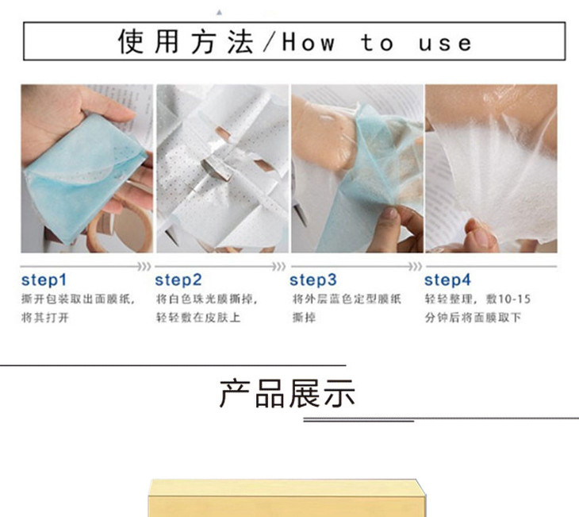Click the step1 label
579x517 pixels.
tap(44, 280)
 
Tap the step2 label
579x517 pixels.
tap(178, 280)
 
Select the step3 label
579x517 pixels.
tap(313, 280)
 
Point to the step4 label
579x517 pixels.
tap(447, 280)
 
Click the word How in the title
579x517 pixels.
tap(309, 42)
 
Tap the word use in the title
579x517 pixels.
tap(445, 44)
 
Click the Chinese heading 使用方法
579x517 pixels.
tap(186, 41)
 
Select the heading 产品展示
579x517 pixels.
tap(287, 393)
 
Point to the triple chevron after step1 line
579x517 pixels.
tap(144, 266)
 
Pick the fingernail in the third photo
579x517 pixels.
tap(390, 213)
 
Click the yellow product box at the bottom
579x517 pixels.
tap(287, 498)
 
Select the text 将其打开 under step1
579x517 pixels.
tap(45, 318)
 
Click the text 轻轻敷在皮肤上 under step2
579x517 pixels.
tap(198, 318)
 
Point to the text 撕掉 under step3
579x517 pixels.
tap(305, 318)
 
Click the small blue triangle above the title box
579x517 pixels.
tap(220, 13)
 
